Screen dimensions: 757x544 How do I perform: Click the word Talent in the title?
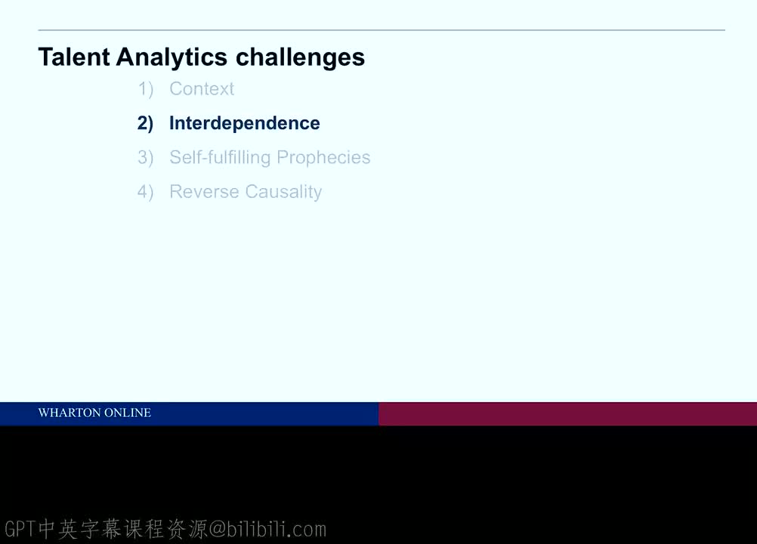click(74, 57)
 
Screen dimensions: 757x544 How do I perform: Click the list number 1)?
click(145, 89)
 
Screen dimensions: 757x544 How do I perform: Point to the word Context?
click(202, 89)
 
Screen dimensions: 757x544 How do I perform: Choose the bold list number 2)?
click(145, 124)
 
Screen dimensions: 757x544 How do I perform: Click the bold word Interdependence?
click(244, 124)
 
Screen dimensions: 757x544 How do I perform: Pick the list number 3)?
click(145, 158)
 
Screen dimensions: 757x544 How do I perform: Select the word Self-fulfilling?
click(220, 158)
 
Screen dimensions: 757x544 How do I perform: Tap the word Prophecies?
click(323, 158)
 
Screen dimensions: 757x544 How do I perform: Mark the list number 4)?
click(145, 192)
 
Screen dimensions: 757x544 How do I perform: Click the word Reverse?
click(204, 192)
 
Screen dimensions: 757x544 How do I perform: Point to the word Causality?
click(283, 192)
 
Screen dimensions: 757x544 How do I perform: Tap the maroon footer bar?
click(568, 414)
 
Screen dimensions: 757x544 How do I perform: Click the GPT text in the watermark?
click(20, 529)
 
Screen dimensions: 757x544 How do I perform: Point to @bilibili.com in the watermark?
click(267, 530)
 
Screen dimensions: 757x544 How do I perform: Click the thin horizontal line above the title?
click(382, 30)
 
